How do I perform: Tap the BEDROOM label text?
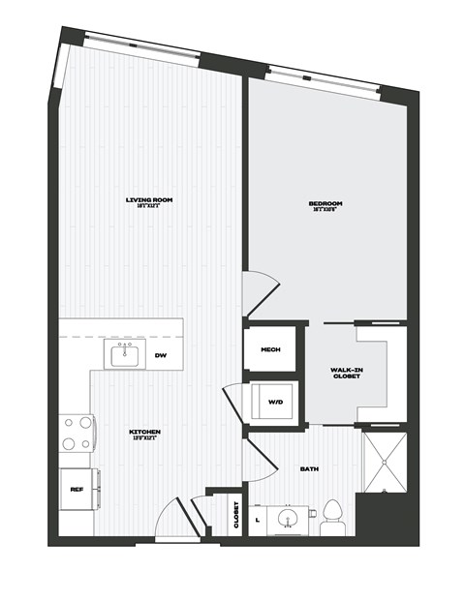(325, 205)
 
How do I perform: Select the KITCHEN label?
(144, 433)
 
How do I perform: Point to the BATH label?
(309, 468)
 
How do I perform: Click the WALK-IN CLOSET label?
(346, 374)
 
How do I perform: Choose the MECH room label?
(270, 349)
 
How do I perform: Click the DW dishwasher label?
(161, 355)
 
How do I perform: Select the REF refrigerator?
(77, 489)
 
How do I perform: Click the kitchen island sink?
(125, 355)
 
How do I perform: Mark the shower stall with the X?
(385, 463)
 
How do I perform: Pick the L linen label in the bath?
(257, 520)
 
